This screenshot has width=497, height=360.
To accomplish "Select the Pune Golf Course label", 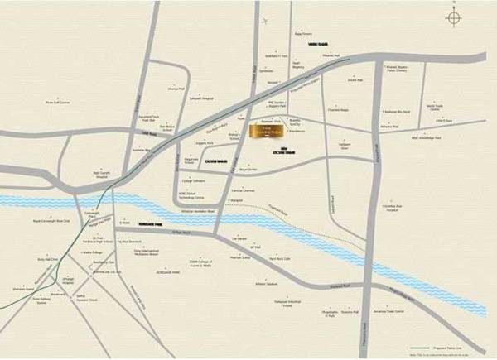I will [58, 103].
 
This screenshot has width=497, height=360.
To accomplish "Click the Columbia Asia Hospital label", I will [393, 208].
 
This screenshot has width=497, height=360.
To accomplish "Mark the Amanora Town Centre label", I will [388, 312].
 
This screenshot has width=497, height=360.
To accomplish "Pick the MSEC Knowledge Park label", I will [426, 138].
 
